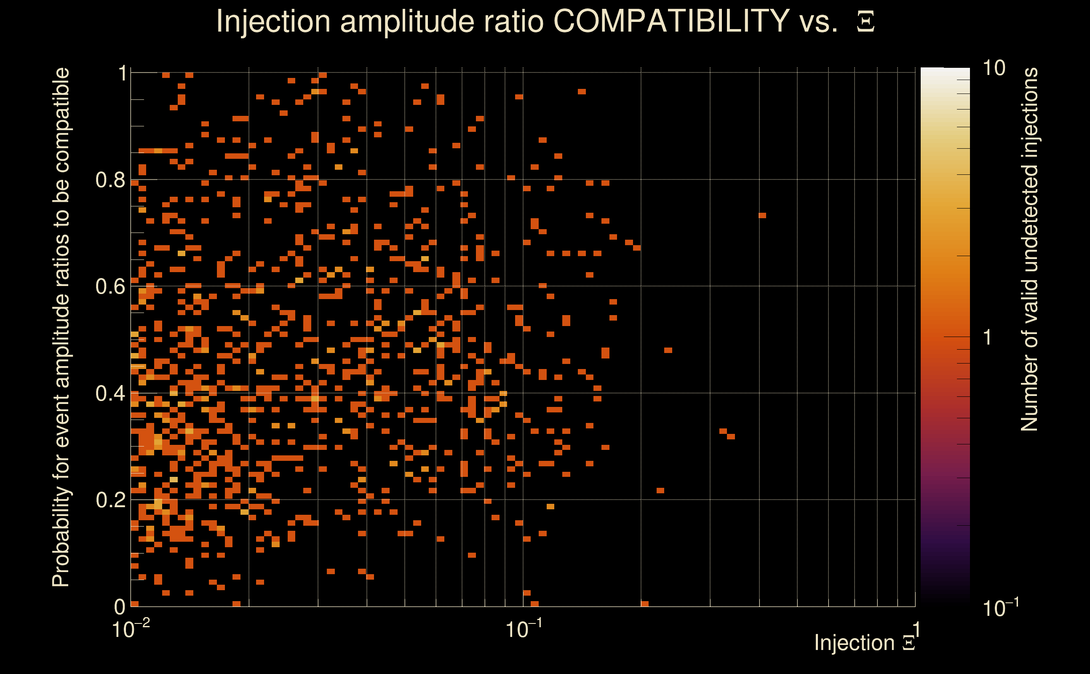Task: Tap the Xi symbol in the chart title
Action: click(866, 22)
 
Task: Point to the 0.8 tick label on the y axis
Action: click(110, 180)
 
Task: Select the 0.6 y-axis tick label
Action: click(110, 286)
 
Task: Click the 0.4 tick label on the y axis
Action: click(110, 393)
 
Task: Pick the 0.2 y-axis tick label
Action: click(110, 500)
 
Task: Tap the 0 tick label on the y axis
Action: click(120, 607)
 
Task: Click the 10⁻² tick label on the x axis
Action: click(130, 629)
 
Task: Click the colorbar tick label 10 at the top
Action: click(994, 68)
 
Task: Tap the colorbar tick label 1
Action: click(988, 337)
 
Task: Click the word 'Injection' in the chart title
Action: click(273, 21)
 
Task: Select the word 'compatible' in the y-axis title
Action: click(61, 120)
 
